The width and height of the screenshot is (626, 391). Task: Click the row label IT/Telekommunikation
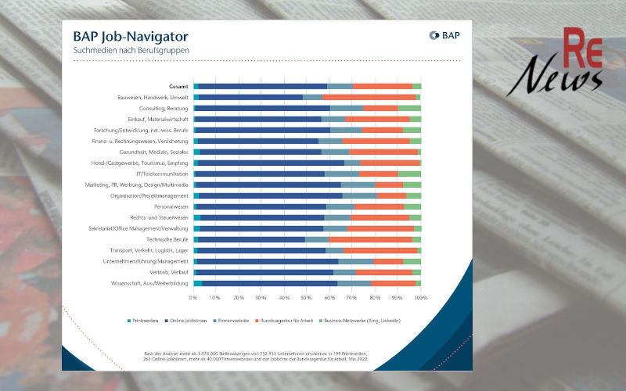(161, 174)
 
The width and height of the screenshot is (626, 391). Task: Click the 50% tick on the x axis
(308, 298)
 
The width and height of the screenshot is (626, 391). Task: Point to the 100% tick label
(421, 298)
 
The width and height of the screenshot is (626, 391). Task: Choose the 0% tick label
(193, 298)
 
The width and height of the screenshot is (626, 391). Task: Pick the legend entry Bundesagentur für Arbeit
(349, 321)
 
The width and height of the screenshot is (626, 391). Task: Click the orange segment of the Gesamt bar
(382, 86)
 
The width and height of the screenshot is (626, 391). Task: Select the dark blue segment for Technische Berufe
(251, 239)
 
